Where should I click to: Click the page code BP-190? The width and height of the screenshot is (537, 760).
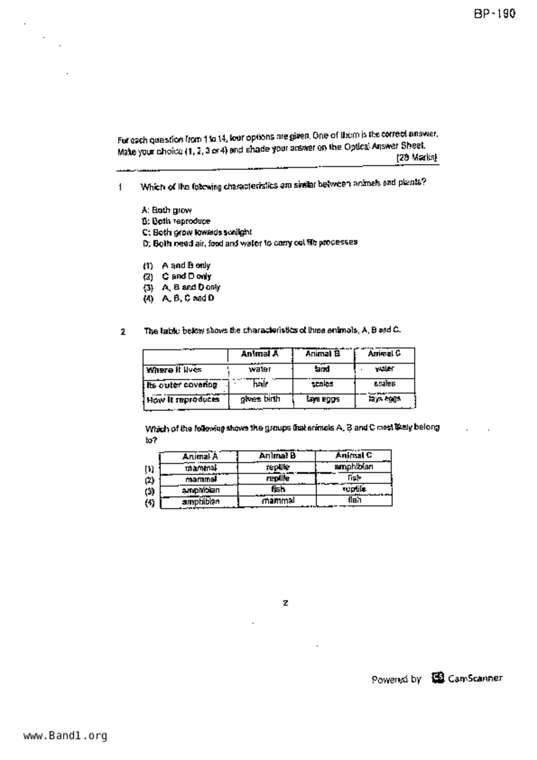pyautogui.click(x=494, y=14)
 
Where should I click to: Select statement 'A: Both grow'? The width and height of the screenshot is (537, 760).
pyautogui.click(x=166, y=211)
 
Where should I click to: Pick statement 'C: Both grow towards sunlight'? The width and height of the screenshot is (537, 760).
pyautogui.click(x=197, y=232)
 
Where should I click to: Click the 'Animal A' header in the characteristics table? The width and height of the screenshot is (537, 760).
pyautogui.click(x=260, y=354)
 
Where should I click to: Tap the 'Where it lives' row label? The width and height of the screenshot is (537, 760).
pyautogui.click(x=174, y=370)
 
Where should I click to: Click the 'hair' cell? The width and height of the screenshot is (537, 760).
pyautogui.click(x=260, y=384)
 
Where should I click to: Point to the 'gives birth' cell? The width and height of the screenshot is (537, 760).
pyautogui.click(x=260, y=399)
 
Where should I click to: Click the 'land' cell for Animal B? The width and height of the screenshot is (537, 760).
pyautogui.click(x=322, y=369)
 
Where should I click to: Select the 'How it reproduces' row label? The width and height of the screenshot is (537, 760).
pyautogui.click(x=182, y=399)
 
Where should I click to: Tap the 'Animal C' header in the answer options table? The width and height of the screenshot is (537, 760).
pyautogui.click(x=353, y=455)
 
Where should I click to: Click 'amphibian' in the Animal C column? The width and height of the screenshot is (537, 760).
pyautogui.click(x=353, y=467)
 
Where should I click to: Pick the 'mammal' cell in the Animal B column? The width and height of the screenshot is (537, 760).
pyautogui.click(x=277, y=500)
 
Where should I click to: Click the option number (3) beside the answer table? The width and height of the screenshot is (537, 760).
pyautogui.click(x=149, y=491)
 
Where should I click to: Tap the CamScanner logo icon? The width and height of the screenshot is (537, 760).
pyautogui.click(x=438, y=678)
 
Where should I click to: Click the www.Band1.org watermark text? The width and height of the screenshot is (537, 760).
pyautogui.click(x=65, y=735)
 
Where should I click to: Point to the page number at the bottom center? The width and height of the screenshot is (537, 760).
pyautogui.click(x=285, y=603)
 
